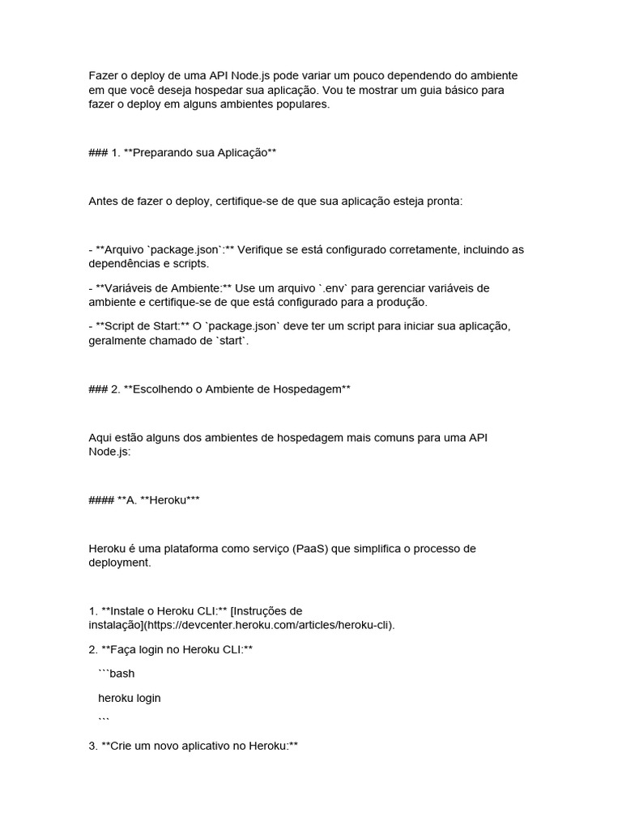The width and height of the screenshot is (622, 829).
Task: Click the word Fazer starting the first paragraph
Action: click(x=103, y=74)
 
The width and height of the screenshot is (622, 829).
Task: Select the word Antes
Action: click(x=104, y=201)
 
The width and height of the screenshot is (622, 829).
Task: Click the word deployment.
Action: click(x=119, y=563)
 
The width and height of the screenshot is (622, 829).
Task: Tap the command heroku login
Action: click(x=130, y=698)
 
